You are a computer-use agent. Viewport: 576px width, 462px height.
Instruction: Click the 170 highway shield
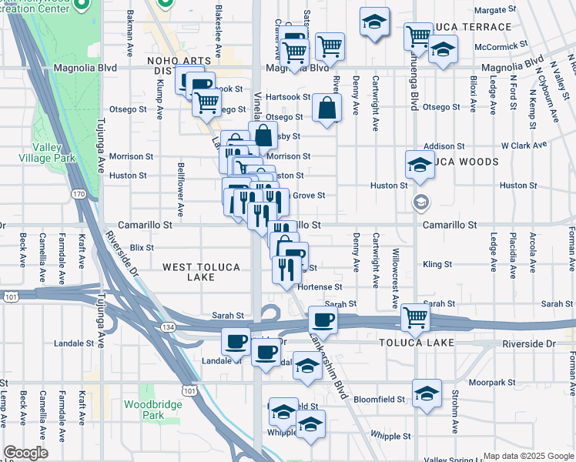(79, 194)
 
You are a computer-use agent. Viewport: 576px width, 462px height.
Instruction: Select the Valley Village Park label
(53, 152)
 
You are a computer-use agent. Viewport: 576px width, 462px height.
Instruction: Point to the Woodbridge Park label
(152, 410)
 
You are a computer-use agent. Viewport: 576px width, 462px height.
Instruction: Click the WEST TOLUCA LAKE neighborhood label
(201, 273)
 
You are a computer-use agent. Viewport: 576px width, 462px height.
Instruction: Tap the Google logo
(25, 453)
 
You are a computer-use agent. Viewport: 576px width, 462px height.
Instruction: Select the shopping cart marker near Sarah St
(415, 316)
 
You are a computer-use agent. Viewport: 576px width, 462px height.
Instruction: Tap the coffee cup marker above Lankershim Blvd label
(323, 320)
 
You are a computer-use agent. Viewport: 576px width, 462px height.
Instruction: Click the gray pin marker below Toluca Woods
(420, 203)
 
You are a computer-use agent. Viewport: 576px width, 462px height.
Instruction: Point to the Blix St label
(142, 248)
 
